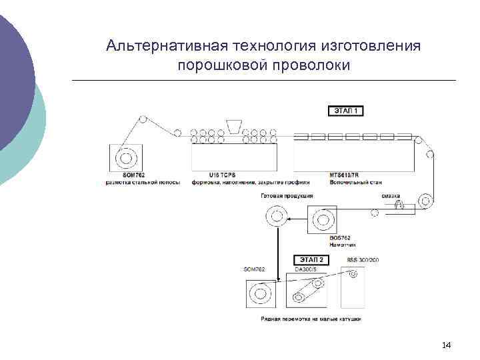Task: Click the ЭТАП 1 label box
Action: pyautogui.click(x=347, y=111)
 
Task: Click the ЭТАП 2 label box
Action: pyautogui.click(x=311, y=259)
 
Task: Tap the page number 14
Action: pyautogui.click(x=447, y=345)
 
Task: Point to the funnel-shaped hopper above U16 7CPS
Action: pyautogui.click(x=235, y=127)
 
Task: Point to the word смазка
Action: pyautogui.click(x=391, y=196)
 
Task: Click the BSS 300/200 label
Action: pyautogui.click(x=363, y=259)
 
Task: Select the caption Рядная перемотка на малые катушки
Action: pyautogui.click(x=311, y=319)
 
